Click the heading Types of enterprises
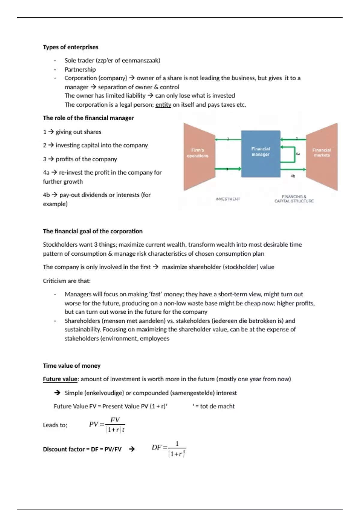pyautogui.click(x=70, y=47)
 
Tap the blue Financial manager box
pyautogui.click(x=260, y=154)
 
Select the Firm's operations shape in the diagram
pyautogui.click(x=198, y=154)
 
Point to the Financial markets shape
pyautogui.click(x=321, y=154)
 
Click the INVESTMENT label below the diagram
pyautogui.click(x=228, y=199)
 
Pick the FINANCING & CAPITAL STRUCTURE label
pyautogui.click(x=294, y=199)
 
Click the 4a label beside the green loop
pyautogui.click(x=298, y=154)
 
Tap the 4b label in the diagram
pyautogui.click(x=293, y=176)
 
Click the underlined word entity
pyautogui.click(x=163, y=105)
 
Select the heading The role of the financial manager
pyautogui.click(x=88, y=118)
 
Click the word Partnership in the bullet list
pyautogui.click(x=80, y=69)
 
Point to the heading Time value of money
pyautogui.click(x=71, y=366)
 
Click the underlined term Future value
pyautogui.click(x=60, y=379)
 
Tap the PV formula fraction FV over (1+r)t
pyautogui.click(x=107, y=425)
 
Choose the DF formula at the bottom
pyautogui.click(x=169, y=449)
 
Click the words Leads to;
pyautogui.click(x=55, y=425)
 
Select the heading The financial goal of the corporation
pyautogui.click(x=92, y=231)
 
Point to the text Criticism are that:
pyautogui.click(x=67, y=281)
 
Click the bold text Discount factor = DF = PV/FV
pyautogui.click(x=82, y=449)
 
